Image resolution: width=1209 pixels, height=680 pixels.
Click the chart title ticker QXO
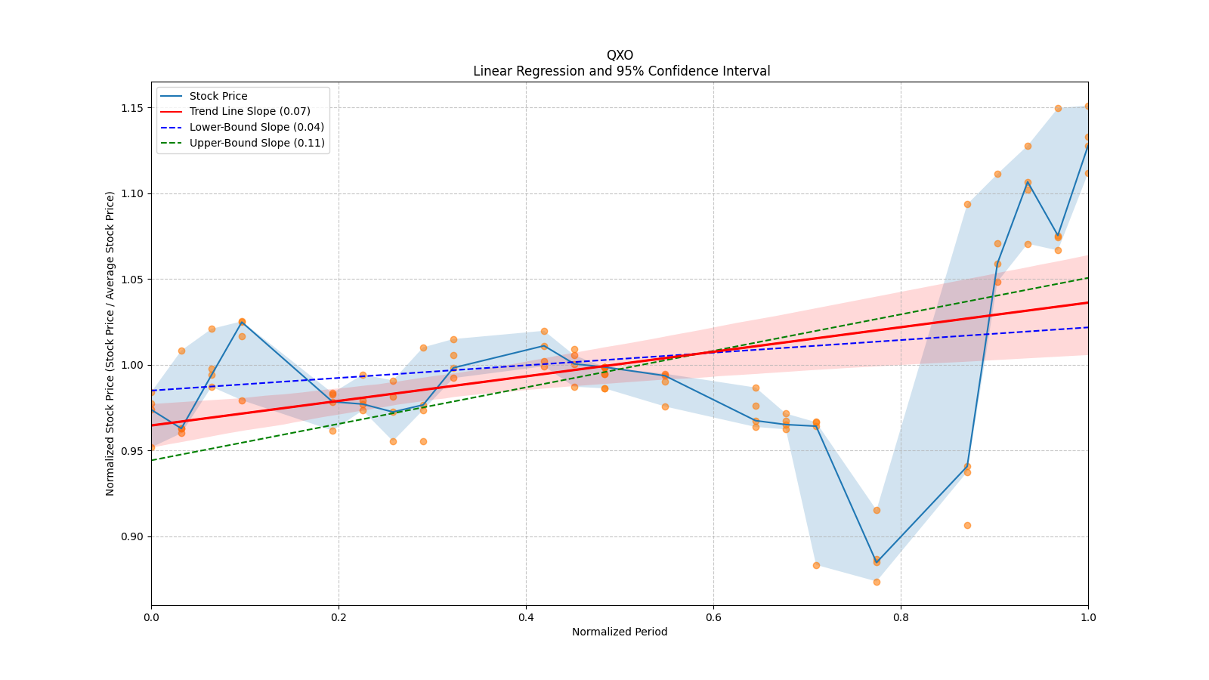coord(620,55)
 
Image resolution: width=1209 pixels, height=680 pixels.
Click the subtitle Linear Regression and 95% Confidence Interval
coord(621,71)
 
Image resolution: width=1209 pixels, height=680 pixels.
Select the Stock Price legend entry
coord(218,96)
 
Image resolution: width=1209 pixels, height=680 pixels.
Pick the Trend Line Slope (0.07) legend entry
coord(249,111)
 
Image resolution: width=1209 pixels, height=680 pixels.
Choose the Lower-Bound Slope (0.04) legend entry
coord(256,127)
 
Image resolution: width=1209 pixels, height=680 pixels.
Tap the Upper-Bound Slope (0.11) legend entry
coord(257,143)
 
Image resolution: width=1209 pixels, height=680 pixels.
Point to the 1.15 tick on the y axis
coord(132,108)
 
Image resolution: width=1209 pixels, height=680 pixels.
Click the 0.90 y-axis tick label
coord(132,536)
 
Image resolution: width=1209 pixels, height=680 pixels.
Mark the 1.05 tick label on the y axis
coord(132,280)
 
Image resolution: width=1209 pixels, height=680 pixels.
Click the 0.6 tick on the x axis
coord(713,617)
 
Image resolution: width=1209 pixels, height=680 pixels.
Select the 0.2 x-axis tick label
coord(339,617)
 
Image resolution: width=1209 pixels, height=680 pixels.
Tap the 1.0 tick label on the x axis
coord(1088,617)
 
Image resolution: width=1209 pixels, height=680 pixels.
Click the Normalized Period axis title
coord(620,632)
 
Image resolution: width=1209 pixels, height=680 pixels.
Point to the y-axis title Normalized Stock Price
coord(110,343)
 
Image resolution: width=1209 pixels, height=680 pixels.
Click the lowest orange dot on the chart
coord(877,582)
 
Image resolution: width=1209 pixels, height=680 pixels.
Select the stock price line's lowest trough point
coord(877,561)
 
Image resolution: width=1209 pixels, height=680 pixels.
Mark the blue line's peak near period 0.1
coord(242,322)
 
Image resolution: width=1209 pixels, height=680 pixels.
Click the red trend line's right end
coord(1087,302)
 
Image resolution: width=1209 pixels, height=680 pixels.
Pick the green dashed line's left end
coord(152,460)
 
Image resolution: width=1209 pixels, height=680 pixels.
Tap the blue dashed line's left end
coord(152,391)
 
